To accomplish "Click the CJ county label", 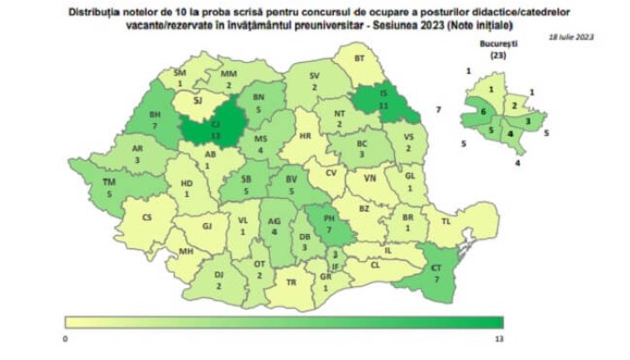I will pos(215,125).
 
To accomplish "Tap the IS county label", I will pos(383,94).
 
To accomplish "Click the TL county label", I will pos(445,220).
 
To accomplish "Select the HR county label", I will pos(304,136).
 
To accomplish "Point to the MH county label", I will pos(186,252).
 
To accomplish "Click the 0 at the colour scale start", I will pos(66,337).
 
